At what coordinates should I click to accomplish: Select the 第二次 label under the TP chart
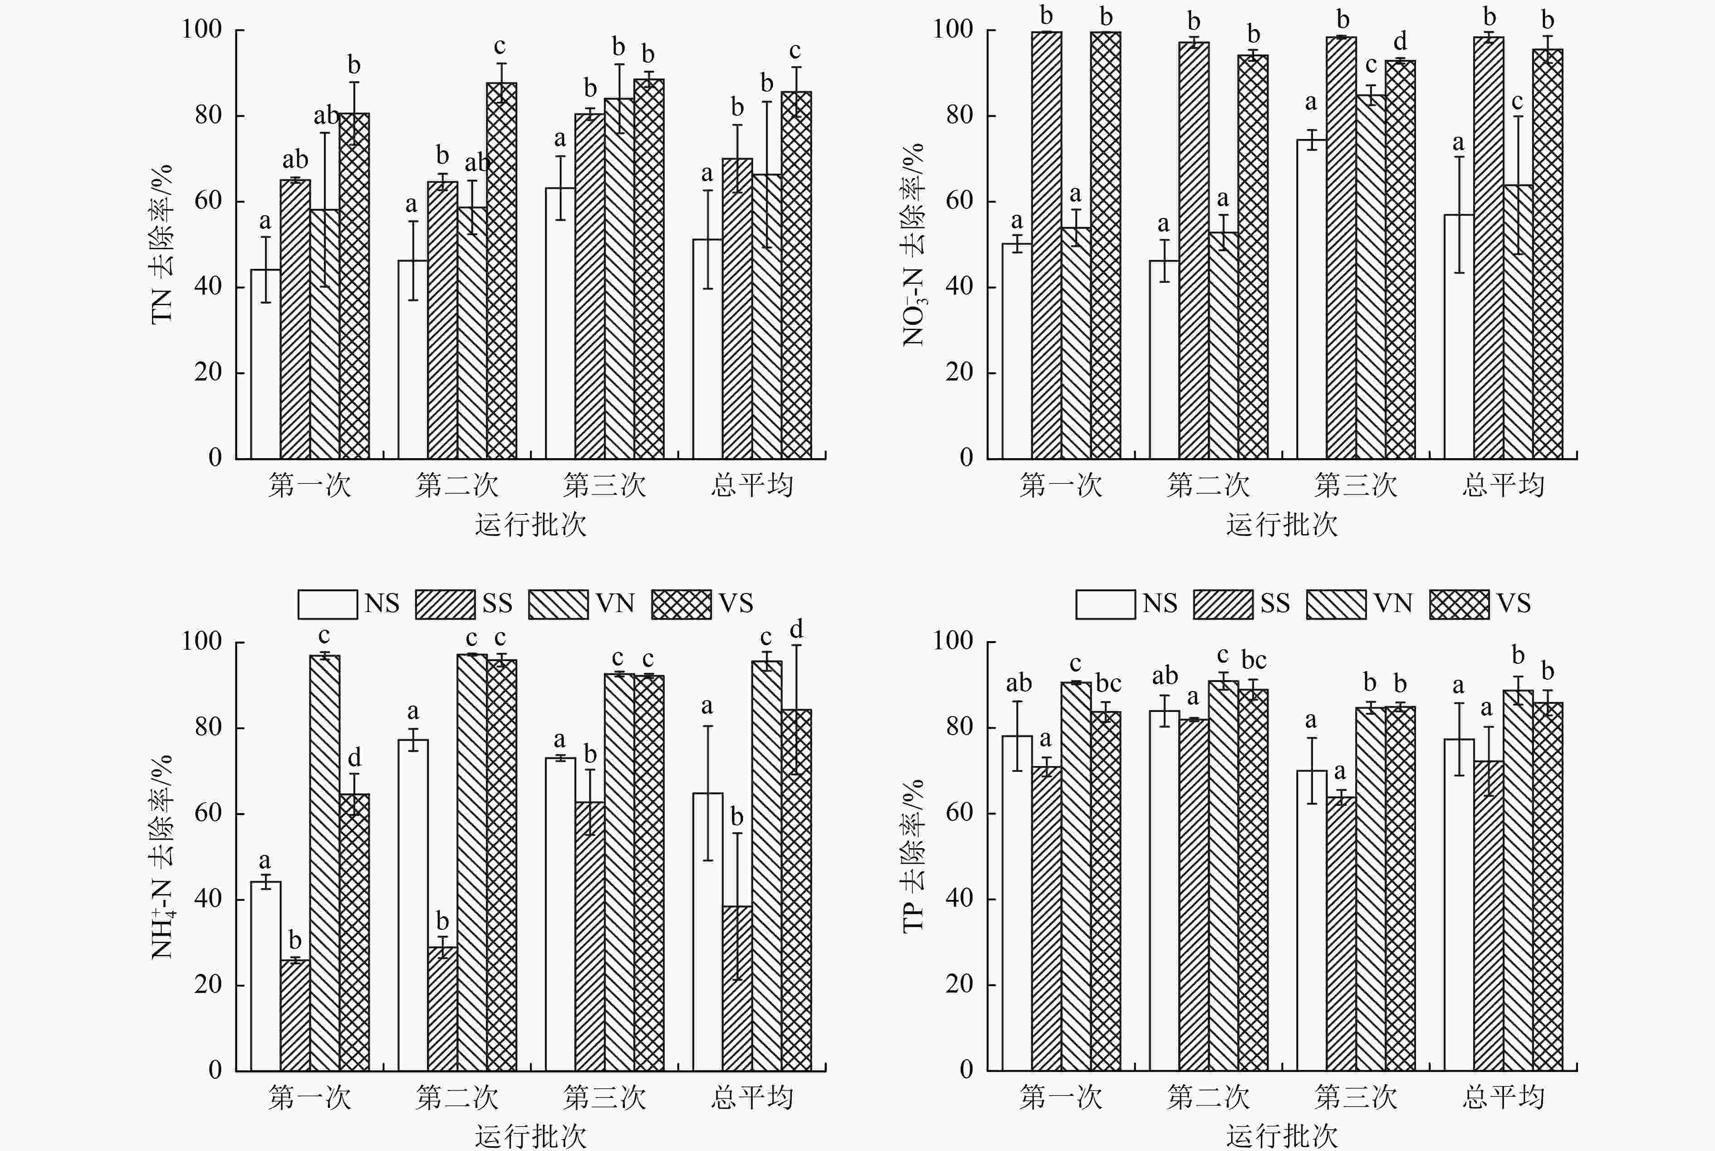[1208, 1097]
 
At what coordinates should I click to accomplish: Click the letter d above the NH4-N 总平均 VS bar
[797, 630]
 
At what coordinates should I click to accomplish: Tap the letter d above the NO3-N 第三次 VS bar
[1400, 41]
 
